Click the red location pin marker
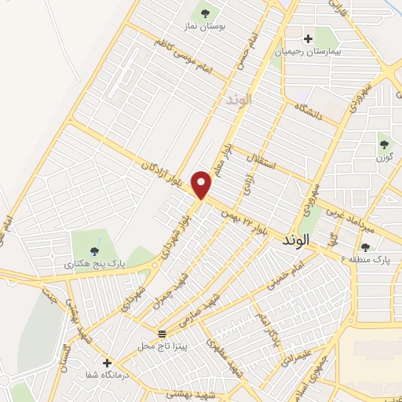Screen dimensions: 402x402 [x=203, y=185]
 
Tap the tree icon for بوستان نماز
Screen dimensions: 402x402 [x=206, y=13]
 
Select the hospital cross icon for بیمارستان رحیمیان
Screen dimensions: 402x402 [x=308, y=38]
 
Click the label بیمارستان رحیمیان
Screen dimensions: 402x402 [x=309, y=51]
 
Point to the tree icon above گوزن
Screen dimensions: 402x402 [x=384, y=144]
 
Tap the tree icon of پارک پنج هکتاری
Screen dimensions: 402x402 [x=95, y=252]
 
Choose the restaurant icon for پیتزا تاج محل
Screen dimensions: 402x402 [x=161, y=334]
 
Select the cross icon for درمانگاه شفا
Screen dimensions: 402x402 [x=107, y=364]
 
